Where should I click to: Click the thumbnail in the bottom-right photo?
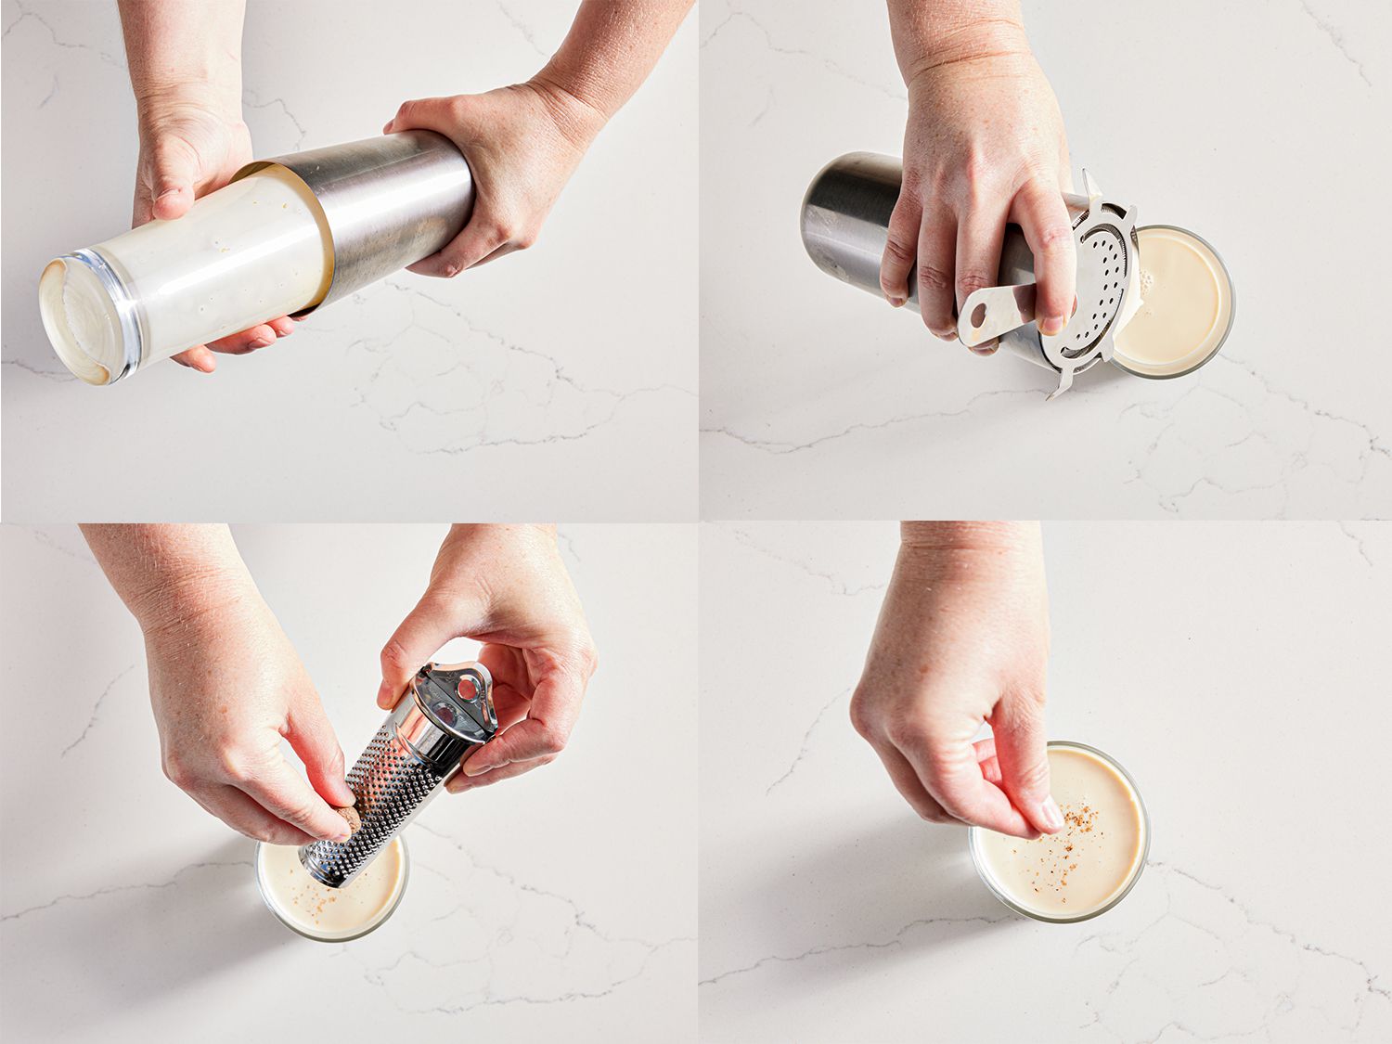[1050, 815]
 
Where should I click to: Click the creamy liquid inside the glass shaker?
[232, 251]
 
